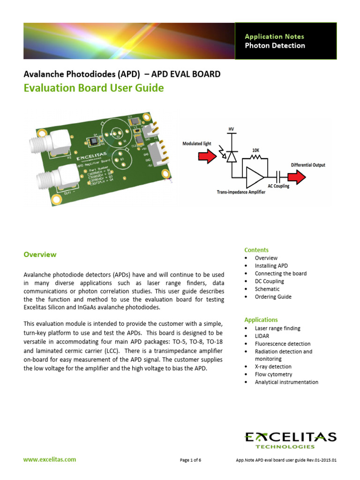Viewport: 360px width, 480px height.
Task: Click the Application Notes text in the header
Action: (274, 37)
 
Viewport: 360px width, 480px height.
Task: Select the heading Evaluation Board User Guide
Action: (94, 88)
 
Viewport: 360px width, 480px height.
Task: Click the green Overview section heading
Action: (40, 255)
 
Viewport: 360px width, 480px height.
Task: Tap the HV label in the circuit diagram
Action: (231, 129)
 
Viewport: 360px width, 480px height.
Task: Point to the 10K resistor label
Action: (255, 150)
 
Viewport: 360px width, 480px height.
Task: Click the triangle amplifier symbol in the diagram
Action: (255, 177)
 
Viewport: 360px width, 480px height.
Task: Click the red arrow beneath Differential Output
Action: (296, 177)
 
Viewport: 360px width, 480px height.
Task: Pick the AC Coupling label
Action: (278, 186)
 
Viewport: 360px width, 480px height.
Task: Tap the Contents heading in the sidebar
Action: (256, 250)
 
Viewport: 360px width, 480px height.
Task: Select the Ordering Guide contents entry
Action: (273, 297)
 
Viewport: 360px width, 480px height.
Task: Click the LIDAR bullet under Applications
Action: (262, 336)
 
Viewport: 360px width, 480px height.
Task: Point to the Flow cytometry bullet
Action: (273, 375)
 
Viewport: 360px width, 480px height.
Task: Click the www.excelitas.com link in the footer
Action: (50, 460)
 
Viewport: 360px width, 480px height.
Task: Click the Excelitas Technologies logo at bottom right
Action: (290, 440)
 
